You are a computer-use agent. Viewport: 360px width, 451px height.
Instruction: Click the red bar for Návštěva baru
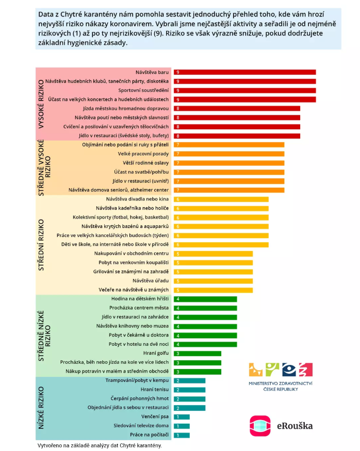point(244,73)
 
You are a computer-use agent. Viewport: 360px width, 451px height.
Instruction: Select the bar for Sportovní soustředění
point(244,91)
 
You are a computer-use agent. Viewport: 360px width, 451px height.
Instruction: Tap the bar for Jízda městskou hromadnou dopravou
point(237,109)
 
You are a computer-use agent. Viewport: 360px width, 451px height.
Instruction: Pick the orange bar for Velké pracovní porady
point(229,154)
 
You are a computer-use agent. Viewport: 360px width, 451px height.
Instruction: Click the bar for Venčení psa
point(182,416)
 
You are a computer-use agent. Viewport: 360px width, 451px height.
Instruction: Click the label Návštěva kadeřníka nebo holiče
point(133,208)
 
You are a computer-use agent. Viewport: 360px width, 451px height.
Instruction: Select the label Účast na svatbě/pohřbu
point(141,172)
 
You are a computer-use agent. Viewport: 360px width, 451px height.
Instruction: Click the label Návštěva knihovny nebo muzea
point(133,326)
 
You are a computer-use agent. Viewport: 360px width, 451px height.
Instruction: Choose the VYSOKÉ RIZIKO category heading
point(41,103)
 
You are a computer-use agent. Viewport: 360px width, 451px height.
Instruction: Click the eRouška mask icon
point(260,426)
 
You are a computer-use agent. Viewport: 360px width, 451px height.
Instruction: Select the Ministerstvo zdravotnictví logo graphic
point(281,370)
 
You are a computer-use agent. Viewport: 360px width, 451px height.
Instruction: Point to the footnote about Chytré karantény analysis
point(100,445)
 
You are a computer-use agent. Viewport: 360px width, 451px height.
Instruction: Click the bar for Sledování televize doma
point(182,426)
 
